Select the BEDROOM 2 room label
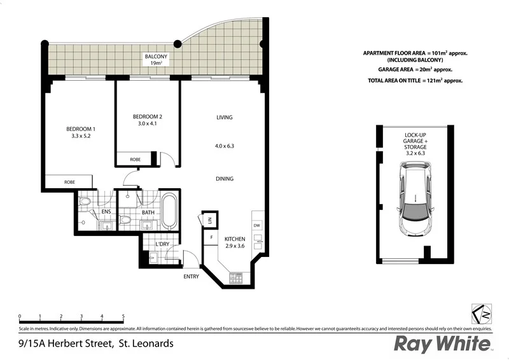(147, 116)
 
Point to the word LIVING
(225, 117)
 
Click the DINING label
(225, 179)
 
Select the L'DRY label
(163, 244)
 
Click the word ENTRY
(191, 276)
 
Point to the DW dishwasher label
(257, 225)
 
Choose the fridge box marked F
(210, 237)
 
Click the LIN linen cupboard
(209, 220)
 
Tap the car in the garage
(415, 198)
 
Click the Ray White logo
(443, 344)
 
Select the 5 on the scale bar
(123, 315)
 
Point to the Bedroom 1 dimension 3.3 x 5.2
(80, 136)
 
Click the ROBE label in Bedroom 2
(135, 159)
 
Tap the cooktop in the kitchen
(235, 277)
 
